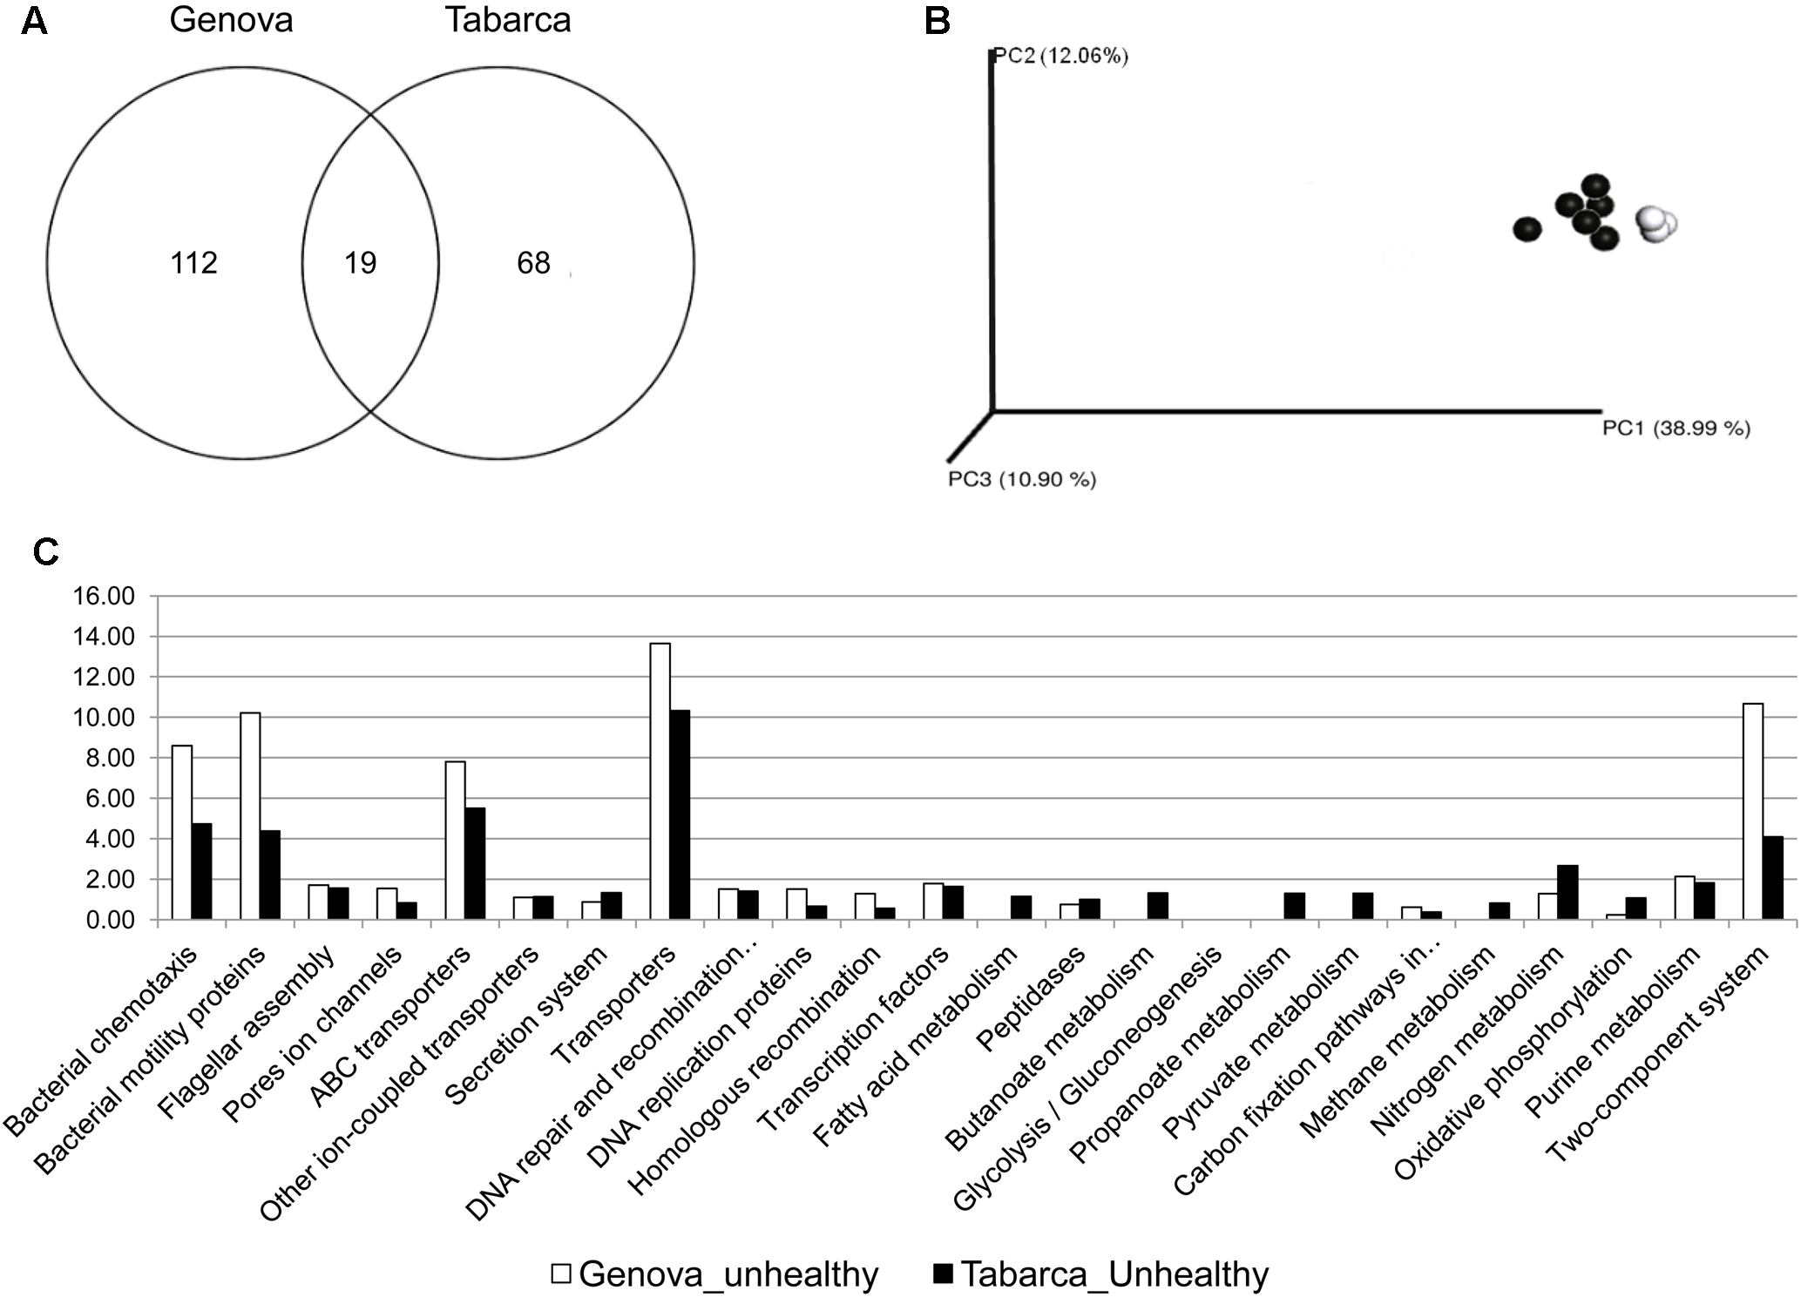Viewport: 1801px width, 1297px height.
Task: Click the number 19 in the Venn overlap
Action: tap(360, 263)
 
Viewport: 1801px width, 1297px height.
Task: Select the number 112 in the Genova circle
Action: tap(193, 263)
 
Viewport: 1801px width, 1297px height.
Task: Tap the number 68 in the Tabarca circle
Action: tap(533, 263)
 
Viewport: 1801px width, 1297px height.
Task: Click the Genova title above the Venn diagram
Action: tap(231, 20)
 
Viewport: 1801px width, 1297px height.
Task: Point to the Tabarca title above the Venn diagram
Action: tap(508, 20)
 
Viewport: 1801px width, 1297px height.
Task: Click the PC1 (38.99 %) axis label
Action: tap(1676, 429)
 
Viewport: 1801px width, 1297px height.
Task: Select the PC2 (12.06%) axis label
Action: tap(1060, 57)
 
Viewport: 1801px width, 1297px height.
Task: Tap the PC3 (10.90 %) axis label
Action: tap(1022, 479)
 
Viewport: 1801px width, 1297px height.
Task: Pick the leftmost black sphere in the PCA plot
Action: tap(1527, 229)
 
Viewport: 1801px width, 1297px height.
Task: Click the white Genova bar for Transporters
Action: tap(660, 780)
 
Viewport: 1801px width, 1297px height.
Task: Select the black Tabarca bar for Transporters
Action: tap(680, 814)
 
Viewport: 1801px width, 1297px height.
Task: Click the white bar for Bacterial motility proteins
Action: tap(250, 815)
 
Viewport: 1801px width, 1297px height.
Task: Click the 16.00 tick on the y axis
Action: tap(105, 597)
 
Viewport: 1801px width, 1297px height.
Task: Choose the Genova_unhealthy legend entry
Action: tap(714, 1274)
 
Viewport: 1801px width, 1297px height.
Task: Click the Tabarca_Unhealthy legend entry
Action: tap(1100, 1274)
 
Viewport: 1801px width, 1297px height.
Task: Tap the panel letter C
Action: tap(45, 552)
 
